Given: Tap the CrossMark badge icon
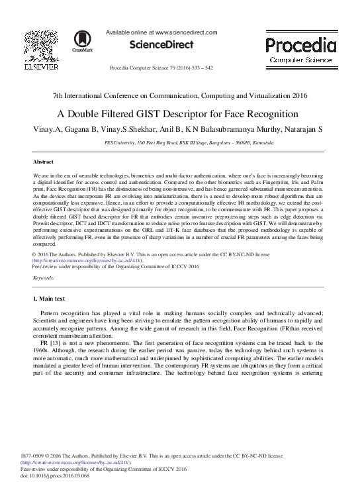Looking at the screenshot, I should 83,39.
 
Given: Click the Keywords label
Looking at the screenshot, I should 44,279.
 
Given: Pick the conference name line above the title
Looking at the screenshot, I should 180,97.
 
